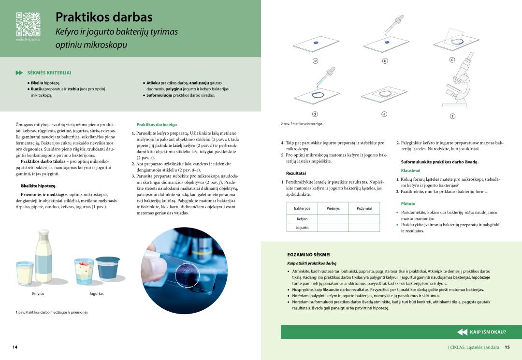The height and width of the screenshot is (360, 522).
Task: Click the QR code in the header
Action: point(28,24)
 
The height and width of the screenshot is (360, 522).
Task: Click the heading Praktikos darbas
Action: point(104,17)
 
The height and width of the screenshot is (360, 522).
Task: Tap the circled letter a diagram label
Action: point(315,61)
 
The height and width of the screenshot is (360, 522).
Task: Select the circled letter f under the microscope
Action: point(452,116)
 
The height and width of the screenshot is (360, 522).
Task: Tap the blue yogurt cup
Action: point(107,269)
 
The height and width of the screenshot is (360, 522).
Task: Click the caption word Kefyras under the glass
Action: point(38,293)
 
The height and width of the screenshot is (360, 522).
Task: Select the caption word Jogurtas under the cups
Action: point(96,293)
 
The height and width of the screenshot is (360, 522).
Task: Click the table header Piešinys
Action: point(333,208)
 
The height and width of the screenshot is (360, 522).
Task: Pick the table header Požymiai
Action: point(364,208)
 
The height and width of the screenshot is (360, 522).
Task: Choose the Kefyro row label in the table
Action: point(302,219)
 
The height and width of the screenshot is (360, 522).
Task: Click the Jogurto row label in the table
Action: point(302,228)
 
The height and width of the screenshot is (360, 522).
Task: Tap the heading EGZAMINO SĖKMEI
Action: point(309,254)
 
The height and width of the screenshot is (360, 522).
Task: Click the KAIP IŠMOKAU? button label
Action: point(488,332)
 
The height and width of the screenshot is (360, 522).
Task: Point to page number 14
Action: point(15,347)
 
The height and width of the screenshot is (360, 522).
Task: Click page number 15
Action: point(507,347)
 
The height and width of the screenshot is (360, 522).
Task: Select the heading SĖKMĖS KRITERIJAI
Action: point(49,73)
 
